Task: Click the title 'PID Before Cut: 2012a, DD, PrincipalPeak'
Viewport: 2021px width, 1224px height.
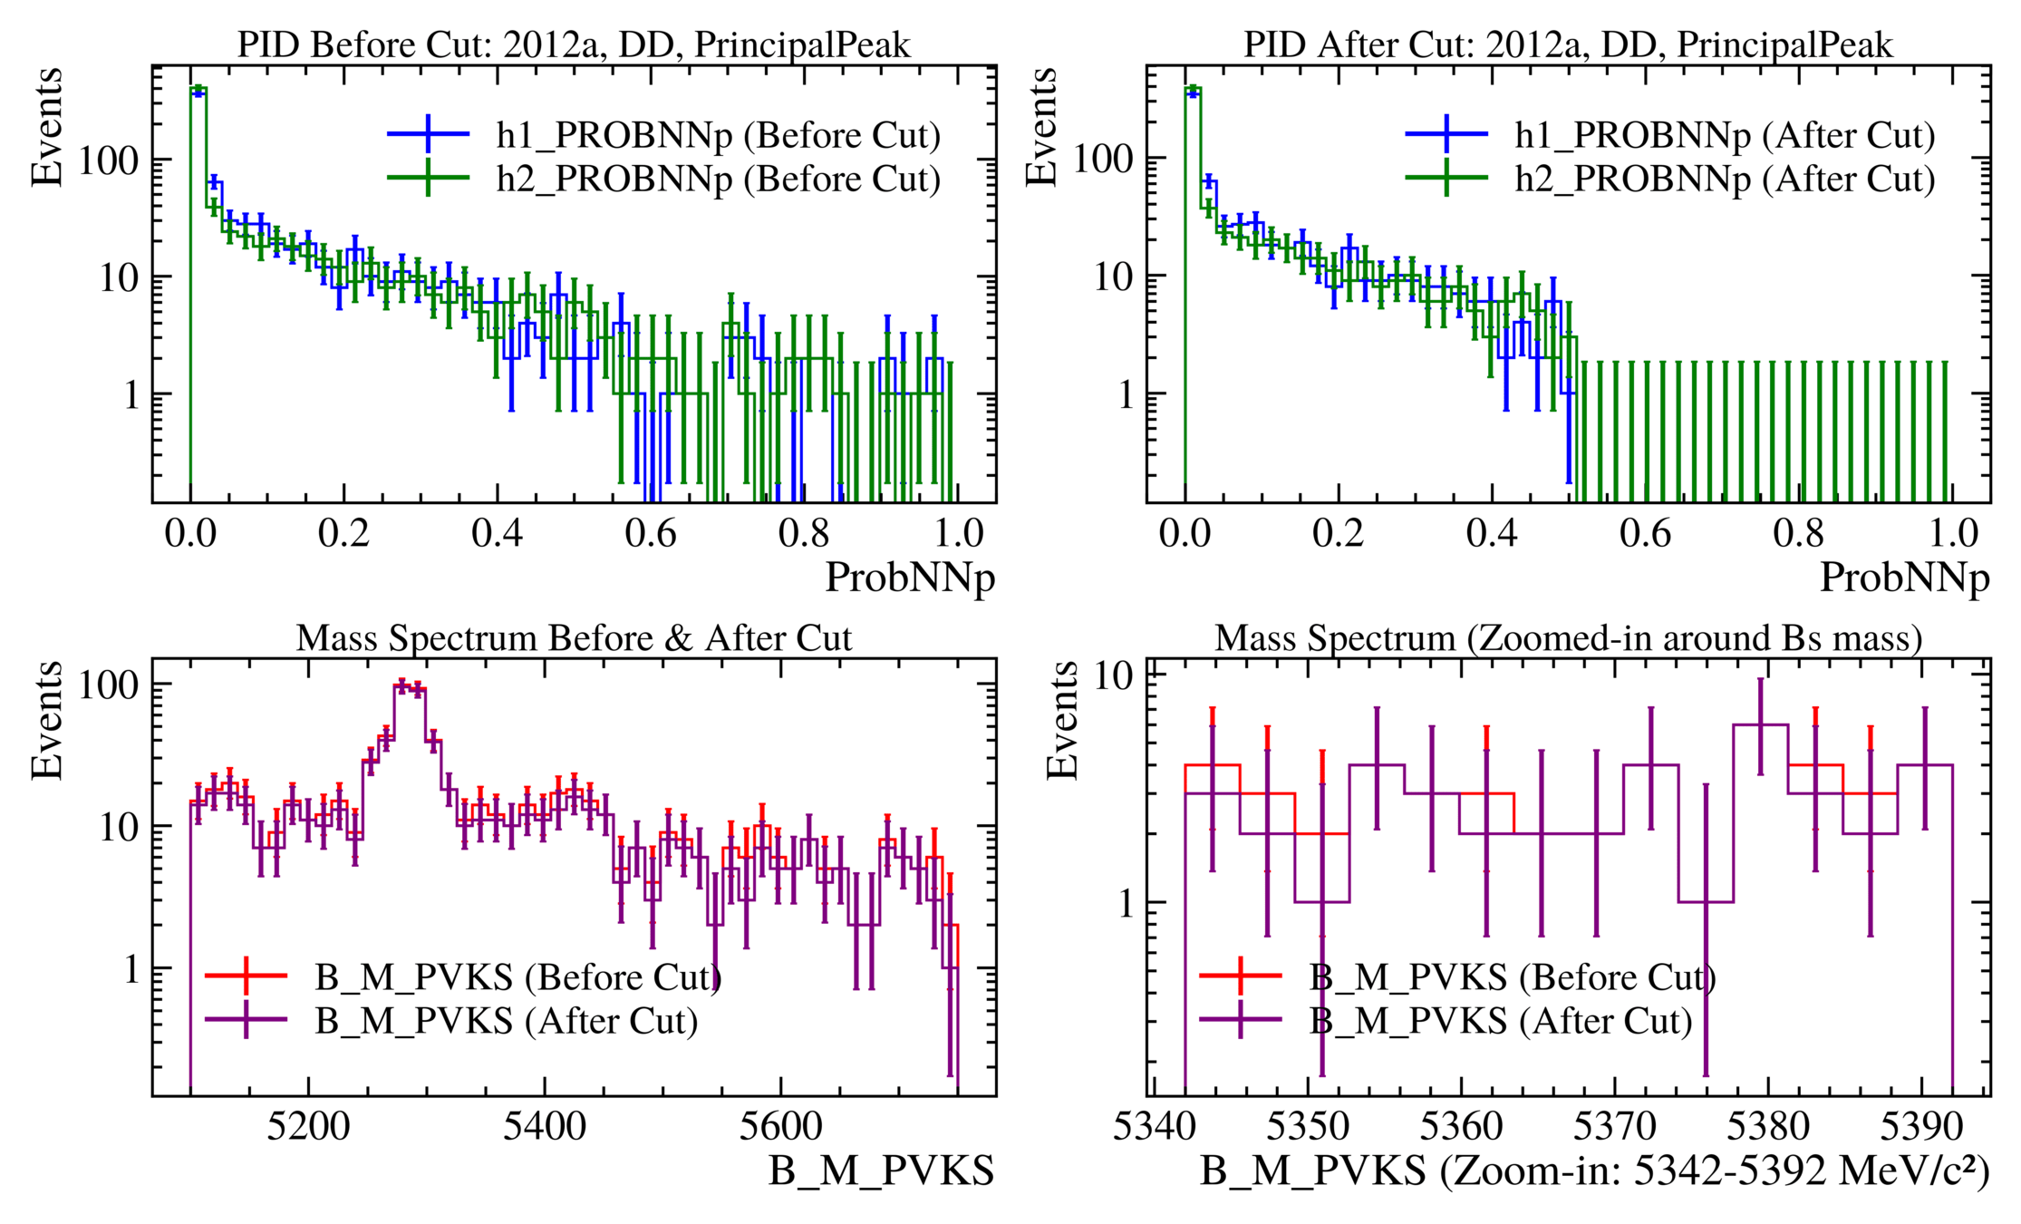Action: [574, 44]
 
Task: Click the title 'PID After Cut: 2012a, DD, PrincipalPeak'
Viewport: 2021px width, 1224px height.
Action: [1568, 44]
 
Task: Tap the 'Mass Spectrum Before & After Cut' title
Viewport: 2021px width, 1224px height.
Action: [574, 638]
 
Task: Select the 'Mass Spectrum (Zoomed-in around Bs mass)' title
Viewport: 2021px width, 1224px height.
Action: [1568, 638]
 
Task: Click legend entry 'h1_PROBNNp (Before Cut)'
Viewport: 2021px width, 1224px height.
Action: [718, 135]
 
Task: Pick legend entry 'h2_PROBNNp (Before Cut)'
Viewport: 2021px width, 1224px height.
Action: [718, 179]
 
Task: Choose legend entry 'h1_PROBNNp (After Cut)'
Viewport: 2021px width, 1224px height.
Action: [1724, 135]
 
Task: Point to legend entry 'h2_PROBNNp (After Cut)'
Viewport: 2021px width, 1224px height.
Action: [1724, 179]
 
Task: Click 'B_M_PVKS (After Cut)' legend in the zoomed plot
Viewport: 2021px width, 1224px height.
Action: [1500, 1021]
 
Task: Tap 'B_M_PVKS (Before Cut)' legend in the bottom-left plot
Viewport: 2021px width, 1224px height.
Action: [517, 977]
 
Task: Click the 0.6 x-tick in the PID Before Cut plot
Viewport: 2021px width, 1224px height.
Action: [650, 533]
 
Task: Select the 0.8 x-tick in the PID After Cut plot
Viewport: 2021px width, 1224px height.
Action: [1798, 533]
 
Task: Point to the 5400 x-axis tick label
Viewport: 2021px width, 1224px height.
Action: [545, 1127]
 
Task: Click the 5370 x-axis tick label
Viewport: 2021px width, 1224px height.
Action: [1614, 1127]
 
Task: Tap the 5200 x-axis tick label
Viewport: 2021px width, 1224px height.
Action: [308, 1127]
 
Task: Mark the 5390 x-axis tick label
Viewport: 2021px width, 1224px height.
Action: [1921, 1127]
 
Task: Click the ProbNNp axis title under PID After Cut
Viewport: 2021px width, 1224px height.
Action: [1904, 578]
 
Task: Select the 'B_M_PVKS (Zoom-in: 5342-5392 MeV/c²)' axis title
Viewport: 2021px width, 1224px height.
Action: [1595, 1171]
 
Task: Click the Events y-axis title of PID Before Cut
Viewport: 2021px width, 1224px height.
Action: [47, 127]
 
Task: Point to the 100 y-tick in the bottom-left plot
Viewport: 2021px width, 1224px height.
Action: [109, 685]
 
